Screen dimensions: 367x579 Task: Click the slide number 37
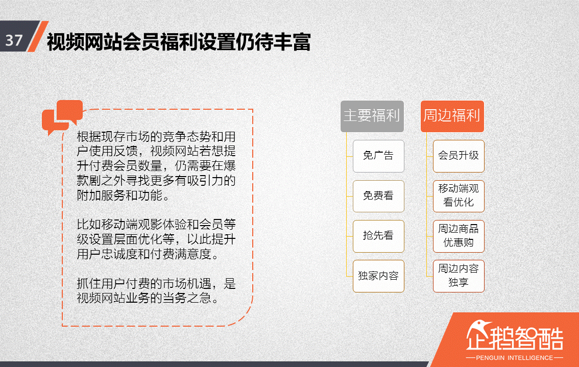[14, 40]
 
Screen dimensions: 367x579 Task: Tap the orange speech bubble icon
[62, 116]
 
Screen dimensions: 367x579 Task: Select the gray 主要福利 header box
[372, 116]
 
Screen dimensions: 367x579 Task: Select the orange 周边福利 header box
[452, 116]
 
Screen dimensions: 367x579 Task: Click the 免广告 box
[378, 156]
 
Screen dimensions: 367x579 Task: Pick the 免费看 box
[378, 196]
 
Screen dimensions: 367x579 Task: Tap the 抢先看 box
[378, 236]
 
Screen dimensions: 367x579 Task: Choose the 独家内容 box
[378, 276]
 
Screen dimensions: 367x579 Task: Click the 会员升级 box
[458, 156]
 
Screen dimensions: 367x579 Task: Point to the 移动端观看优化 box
[458, 195]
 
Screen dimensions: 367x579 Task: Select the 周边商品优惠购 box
[458, 236]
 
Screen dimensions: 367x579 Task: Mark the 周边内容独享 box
[458, 276]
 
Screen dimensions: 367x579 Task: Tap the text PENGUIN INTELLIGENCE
[514, 357]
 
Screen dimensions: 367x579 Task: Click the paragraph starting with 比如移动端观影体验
[156, 239]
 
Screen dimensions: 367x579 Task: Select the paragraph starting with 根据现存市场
[156, 166]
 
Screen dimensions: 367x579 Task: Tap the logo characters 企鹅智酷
[515, 337]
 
